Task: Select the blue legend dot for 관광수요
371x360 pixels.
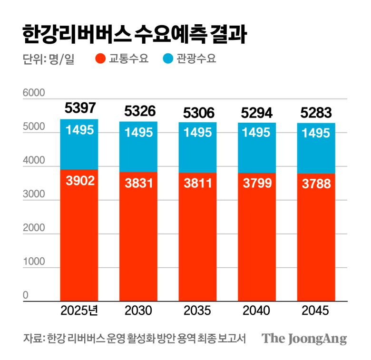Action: pos(168,59)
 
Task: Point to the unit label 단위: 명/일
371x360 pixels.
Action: pos(49,60)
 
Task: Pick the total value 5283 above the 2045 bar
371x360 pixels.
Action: pos(316,113)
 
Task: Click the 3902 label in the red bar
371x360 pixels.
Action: pos(80,181)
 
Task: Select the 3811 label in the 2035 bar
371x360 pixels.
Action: pos(197,183)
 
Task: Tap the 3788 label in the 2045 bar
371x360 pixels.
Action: pos(316,184)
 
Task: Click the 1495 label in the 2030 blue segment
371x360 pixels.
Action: pos(139,133)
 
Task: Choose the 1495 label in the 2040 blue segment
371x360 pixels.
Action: pos(257,133)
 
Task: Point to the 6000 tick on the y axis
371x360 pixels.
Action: pos(34,93)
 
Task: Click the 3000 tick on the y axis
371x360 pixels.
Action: pos(34,195)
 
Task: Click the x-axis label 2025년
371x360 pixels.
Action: pos(79,311)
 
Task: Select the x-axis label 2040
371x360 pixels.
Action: pos(256,311)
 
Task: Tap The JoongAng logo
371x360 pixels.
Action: pos(304,339)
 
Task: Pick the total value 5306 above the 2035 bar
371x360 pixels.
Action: pos(197,113)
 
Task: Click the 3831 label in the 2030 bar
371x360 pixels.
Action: pos(139,183)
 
